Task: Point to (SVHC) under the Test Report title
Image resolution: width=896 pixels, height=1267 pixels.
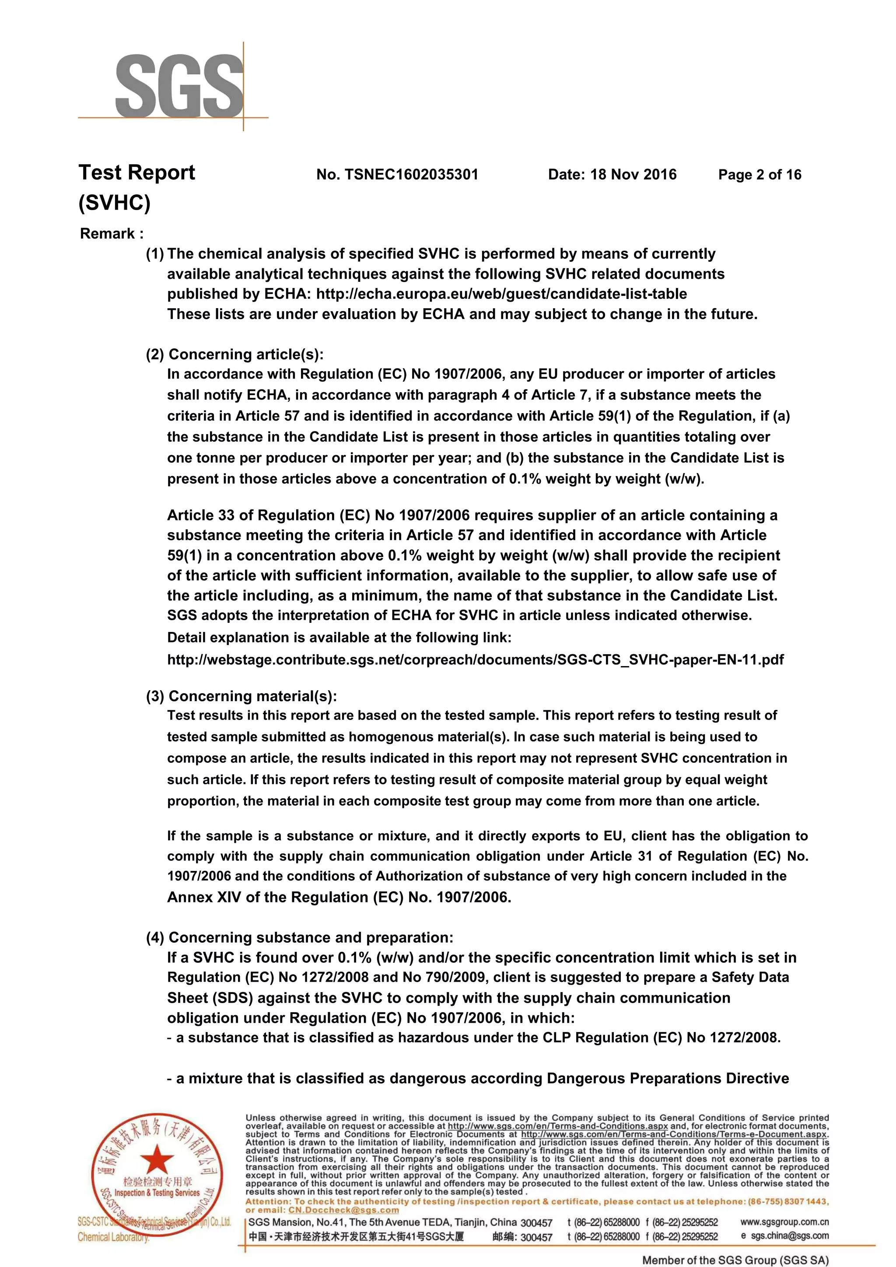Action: pyautogui.click(x=114, y=203)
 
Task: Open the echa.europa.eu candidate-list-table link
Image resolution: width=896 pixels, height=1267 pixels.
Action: pyautogui.click(x=501, y=294)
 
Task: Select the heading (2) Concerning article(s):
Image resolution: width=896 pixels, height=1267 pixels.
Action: pyautogui.click(x=234, y=354)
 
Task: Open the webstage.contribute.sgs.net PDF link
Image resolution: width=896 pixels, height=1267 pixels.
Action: pyautogui.click(x=475, y=660)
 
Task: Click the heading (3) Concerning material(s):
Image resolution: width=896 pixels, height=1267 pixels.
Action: pyautogui.click(x=241, y=696)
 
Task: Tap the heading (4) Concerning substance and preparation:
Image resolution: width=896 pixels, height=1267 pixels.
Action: pyautogui.click(x=299, y=937)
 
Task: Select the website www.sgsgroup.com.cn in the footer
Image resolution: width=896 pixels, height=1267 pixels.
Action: pyautogui.click(x=784, y=1222)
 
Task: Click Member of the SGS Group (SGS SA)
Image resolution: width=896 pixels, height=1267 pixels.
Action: pyautogui.click(x=735, y=1260)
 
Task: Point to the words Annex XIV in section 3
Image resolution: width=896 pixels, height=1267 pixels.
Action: pyautogui.click(x=204, y=897)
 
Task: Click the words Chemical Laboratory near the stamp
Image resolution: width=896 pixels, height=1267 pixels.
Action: pyautogui.click(x=113, y=1237)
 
